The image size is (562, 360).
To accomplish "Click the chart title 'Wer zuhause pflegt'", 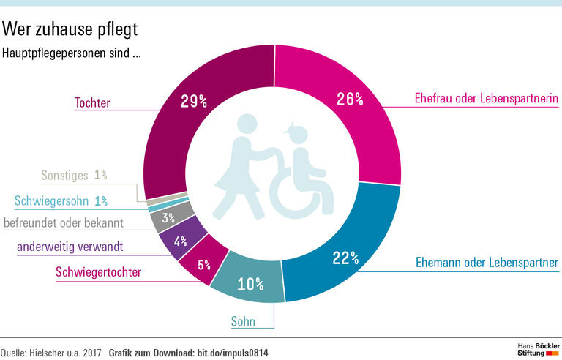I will click(70, 29).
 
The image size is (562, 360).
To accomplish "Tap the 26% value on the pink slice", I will click(351, 99).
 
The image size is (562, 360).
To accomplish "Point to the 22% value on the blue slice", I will click(345, 257).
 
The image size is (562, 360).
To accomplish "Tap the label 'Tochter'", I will click(92, 103).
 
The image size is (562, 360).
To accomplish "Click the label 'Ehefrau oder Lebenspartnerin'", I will click(476, 98).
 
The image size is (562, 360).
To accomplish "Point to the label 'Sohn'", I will click(243, 320).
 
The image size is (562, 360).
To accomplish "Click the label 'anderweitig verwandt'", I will click(70, 247).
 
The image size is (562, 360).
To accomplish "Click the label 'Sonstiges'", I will click(65, 176).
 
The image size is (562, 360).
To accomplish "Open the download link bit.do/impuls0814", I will click(233, 353).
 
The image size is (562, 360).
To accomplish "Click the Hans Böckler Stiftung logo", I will click(531, 348).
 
